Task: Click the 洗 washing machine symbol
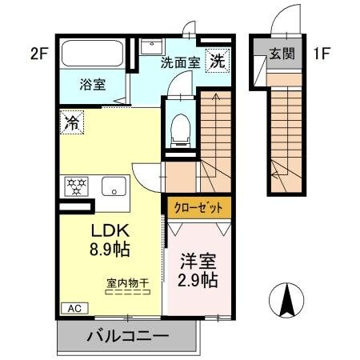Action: [217, 60]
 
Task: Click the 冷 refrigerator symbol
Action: [72, 122]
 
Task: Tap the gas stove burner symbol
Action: [78, 186]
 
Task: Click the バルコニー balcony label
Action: [128, 336]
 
